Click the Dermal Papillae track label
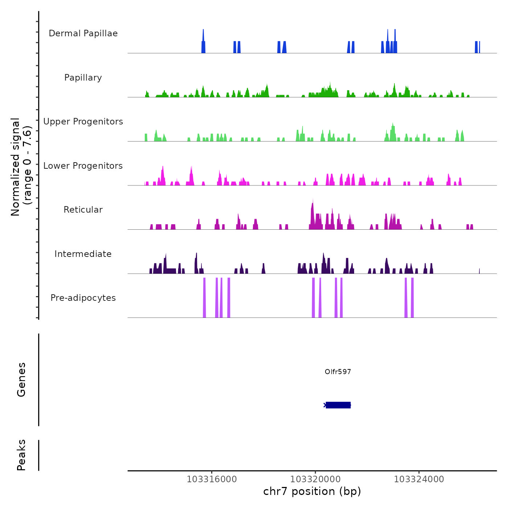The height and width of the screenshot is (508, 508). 83,33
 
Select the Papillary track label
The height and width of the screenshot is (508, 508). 83,78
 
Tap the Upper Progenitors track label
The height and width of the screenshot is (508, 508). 83,122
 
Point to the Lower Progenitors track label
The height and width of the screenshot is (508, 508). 83,166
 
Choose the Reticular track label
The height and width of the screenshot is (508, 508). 83,210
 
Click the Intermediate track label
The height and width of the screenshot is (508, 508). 83,254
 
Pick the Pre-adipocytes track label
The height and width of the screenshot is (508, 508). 83,298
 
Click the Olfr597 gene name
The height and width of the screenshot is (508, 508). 338,372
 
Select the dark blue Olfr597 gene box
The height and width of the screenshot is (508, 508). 338,405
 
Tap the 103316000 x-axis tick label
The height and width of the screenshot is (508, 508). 212,479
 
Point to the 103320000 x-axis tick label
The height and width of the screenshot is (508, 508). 315,479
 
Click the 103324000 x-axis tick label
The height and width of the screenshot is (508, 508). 419,479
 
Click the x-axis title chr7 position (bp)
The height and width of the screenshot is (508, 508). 312,491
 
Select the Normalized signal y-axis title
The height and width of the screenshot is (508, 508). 21,167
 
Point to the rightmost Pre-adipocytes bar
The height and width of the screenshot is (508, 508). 412,298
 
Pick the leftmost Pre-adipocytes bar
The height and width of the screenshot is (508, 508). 204,298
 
